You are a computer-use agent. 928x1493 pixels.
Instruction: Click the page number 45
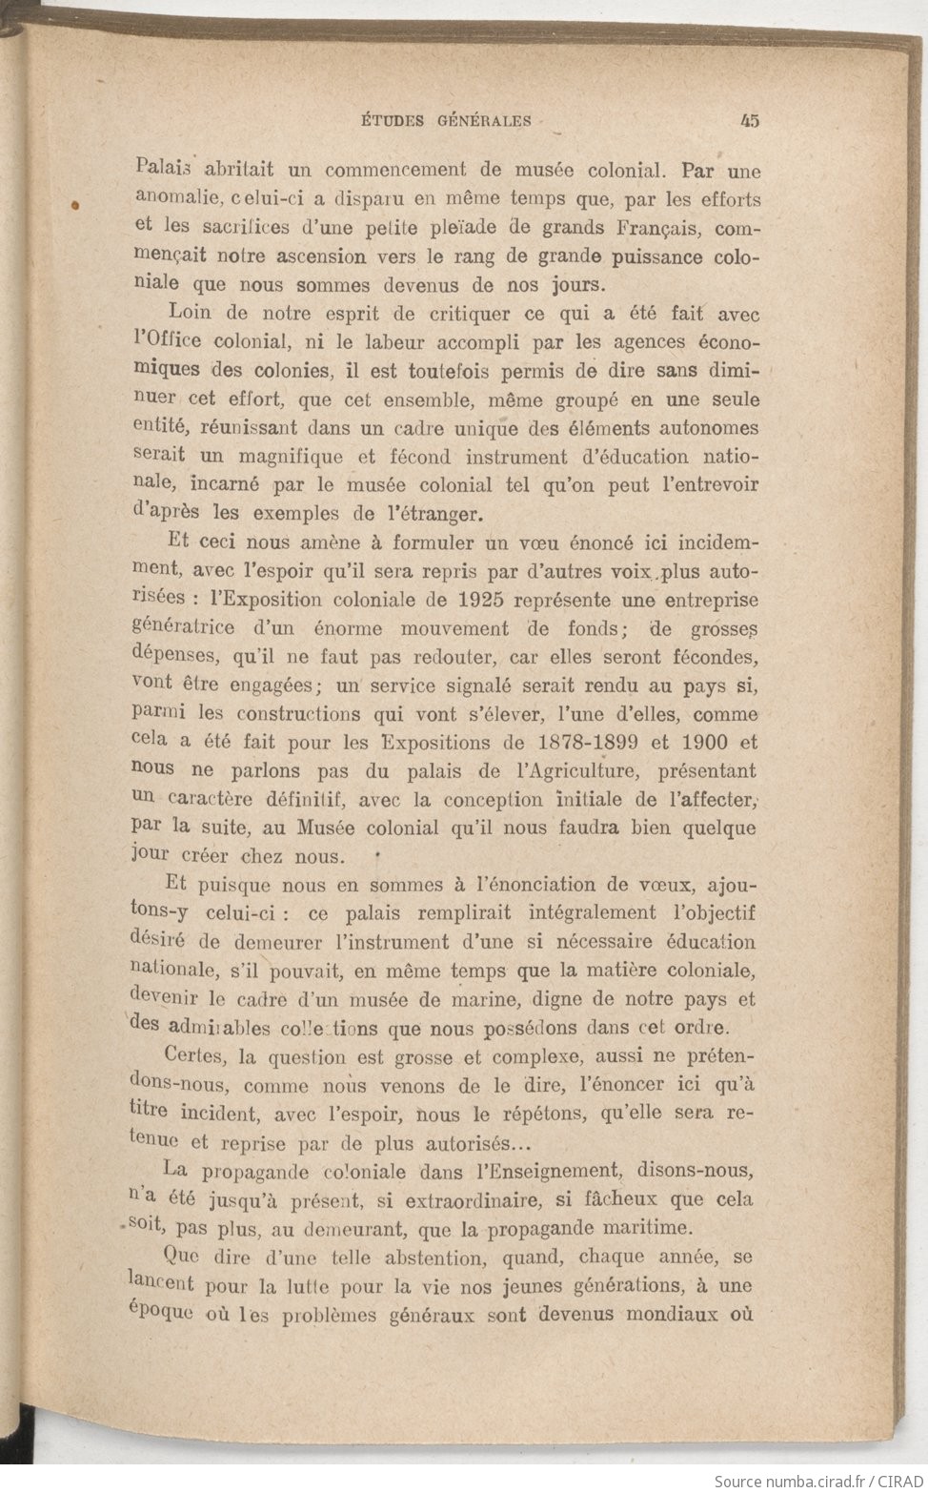[x=747, y=121]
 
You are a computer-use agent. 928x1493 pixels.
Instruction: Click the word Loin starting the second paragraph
[x=190, y=313]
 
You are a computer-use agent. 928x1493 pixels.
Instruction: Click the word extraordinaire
[x=463, y=1198]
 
